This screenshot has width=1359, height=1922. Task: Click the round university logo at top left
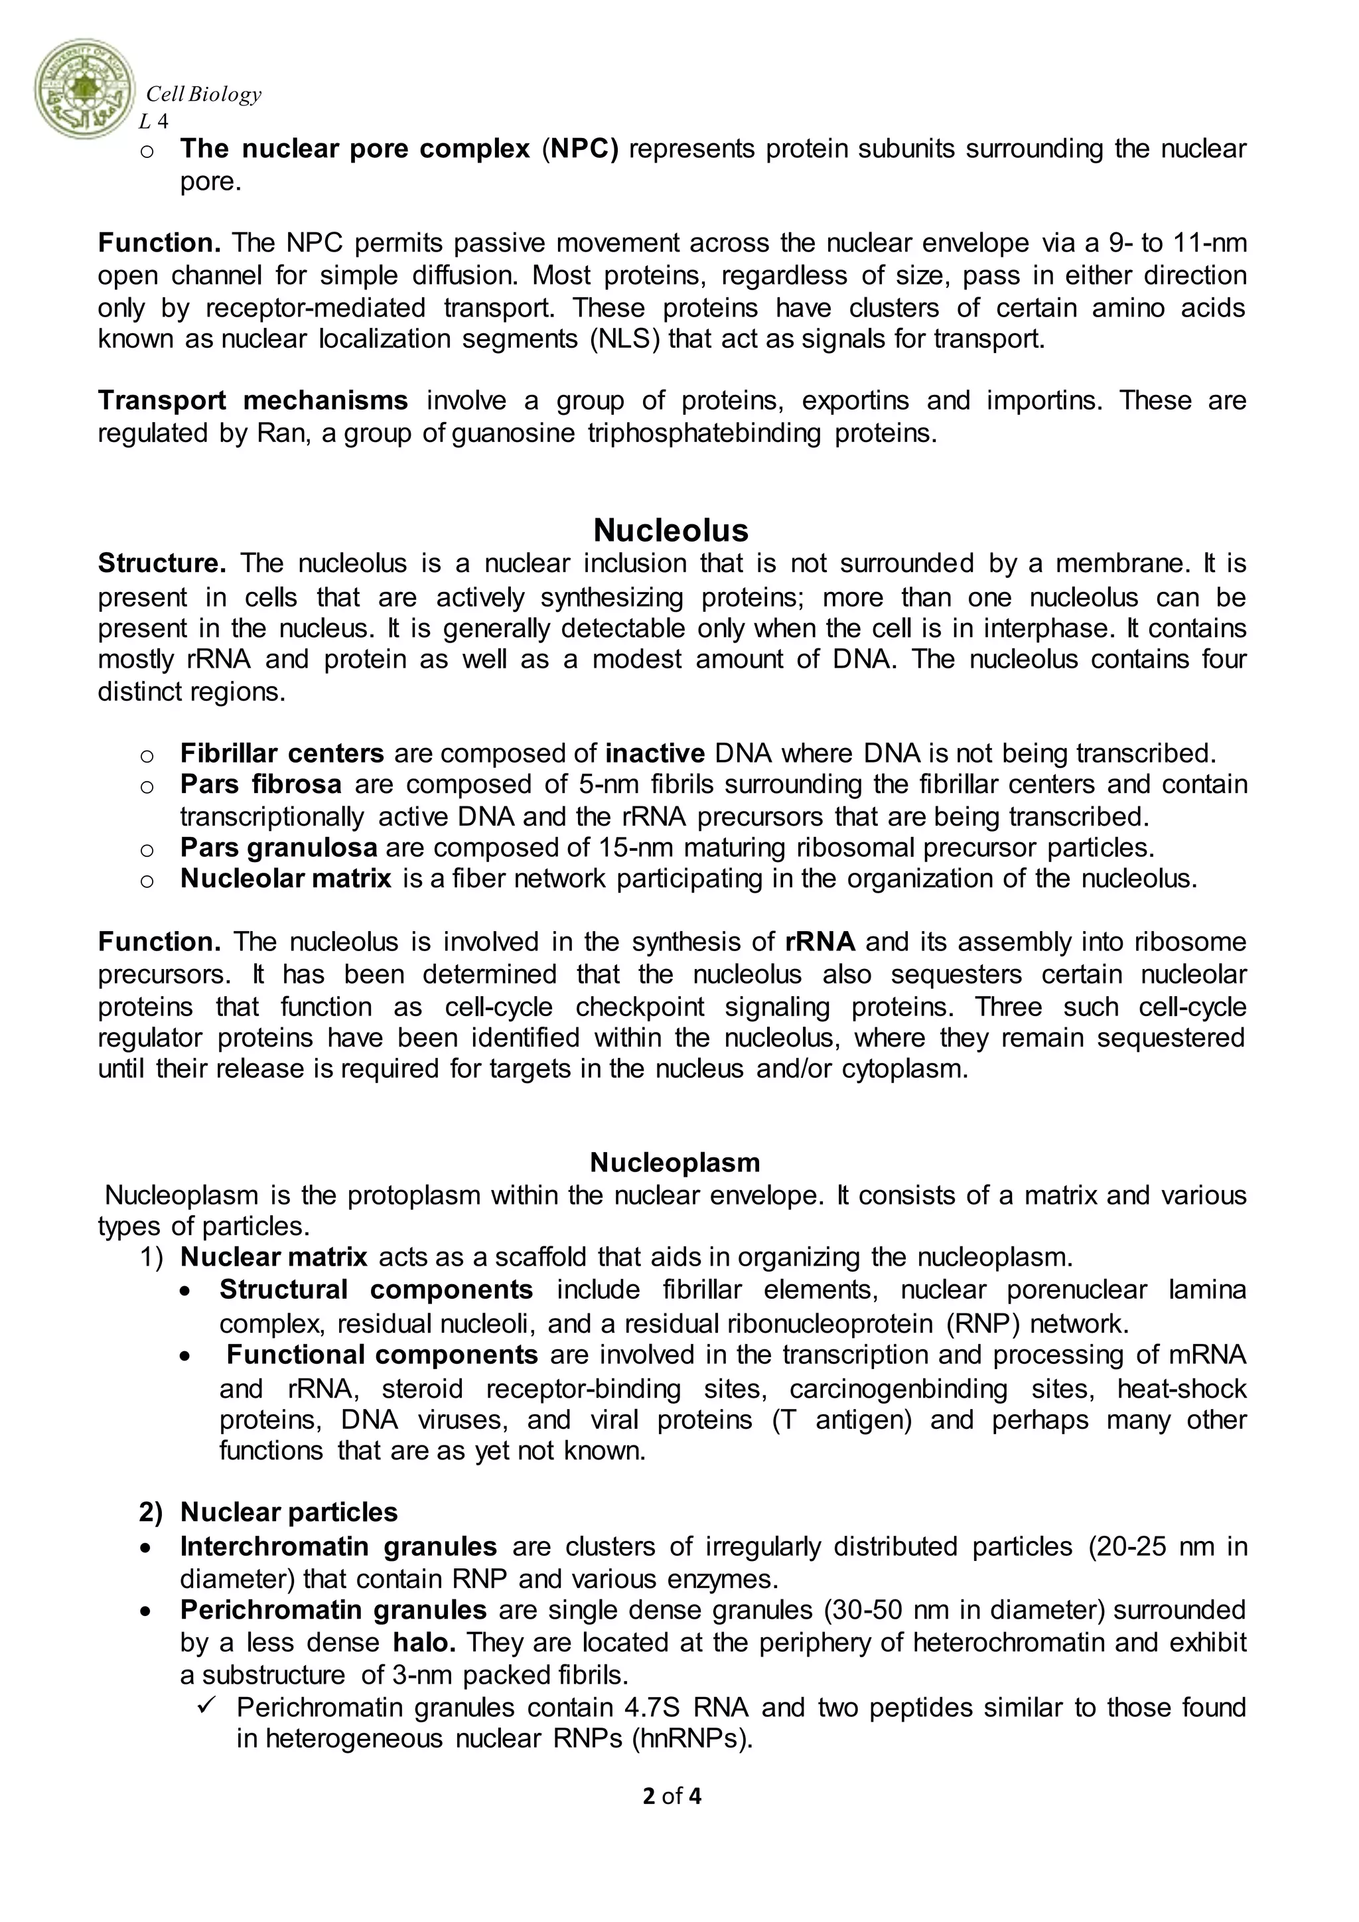pyautogui.click(x=84, y=89)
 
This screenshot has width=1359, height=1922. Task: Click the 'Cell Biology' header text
pyautogui.click(x=203, y=95)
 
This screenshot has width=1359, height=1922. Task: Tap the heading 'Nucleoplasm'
pyautogui.click(x=674, y=1162)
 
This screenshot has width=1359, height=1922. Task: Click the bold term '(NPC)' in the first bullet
pyautogui.click(x=580, y=149)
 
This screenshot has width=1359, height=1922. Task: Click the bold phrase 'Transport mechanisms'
pyautogui.click(x=253, y=401)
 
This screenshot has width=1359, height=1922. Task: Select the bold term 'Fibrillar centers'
pyautogui.click(x=282, y=753)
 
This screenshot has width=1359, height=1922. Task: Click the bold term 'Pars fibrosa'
pyautogui.click(x=260, y=784)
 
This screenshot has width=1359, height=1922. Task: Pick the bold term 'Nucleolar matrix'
pyautogui.click(x=285, y=878)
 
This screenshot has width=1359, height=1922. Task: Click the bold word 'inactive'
pyautogui.click(x=654, y=753)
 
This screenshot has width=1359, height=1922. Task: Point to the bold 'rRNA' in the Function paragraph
pyautogui.click(x=820, y=942)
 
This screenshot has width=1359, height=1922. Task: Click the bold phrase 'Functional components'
pyautogui.click(x=382, y=1355)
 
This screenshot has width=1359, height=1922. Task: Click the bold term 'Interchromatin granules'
pyautogui.click(x=338, y=1546)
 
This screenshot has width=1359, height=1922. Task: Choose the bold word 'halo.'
pyautogui.click(x=424, y=1643)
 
